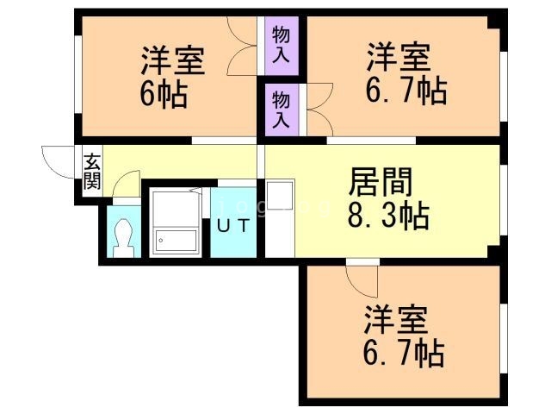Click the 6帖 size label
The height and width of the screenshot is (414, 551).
point(163,94)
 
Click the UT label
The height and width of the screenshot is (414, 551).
point(233,226)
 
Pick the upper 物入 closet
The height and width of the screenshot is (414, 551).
point(281,46)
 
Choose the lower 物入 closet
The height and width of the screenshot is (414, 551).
point(281,110)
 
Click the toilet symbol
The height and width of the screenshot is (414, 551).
point(123,235)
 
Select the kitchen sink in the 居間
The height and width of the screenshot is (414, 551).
point(280,197)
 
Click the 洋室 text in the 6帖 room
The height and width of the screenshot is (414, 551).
point(173,62)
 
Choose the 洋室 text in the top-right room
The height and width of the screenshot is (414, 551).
point(397,60)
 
